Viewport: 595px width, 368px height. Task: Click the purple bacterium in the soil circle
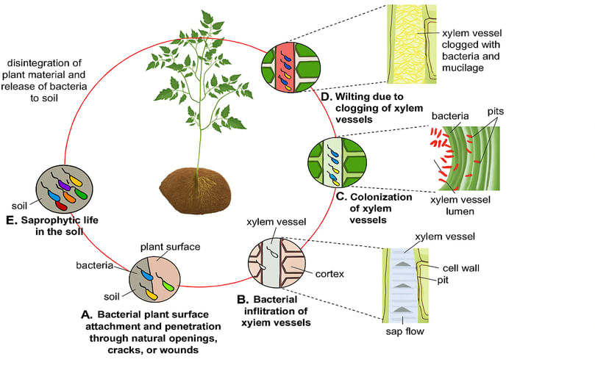(64, 186)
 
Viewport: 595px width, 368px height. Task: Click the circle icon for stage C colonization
(334, 164)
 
